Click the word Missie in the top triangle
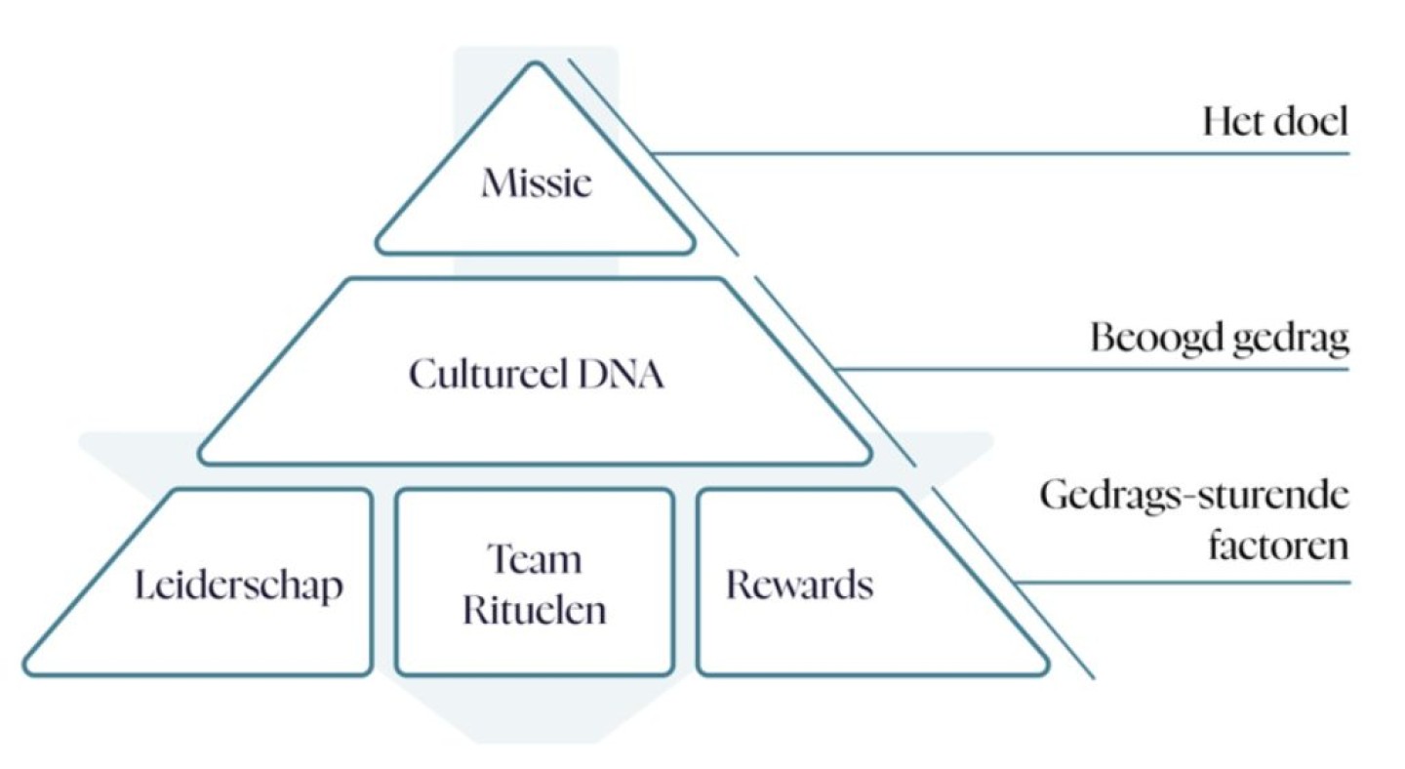tap(536, 182)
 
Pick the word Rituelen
tap(534, 610)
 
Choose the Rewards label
tap(799, 585)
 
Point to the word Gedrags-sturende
tap(1194, 496)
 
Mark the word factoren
tap(1278, 545)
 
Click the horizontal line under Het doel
tap(1005, 153)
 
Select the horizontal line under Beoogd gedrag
tap(1093, 369)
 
